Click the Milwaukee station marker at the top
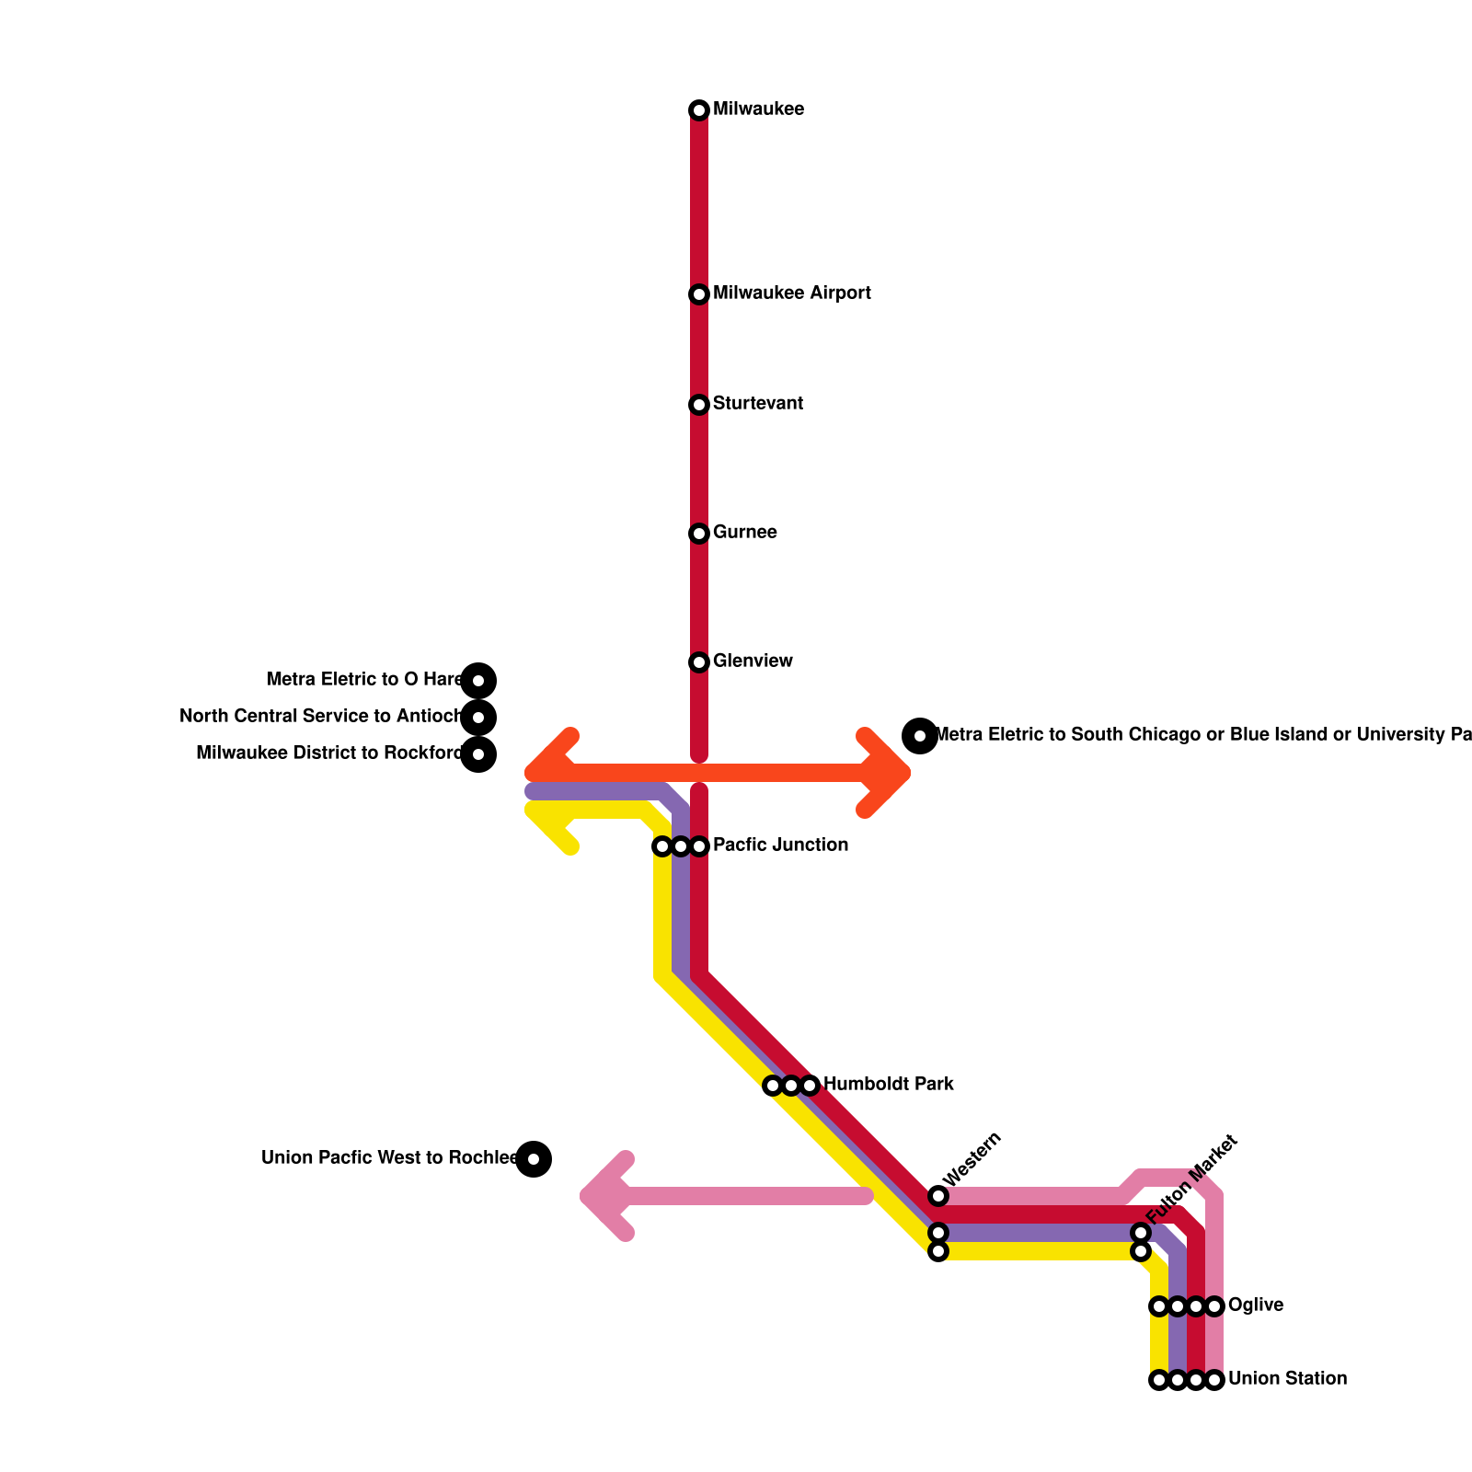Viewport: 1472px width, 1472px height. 699,110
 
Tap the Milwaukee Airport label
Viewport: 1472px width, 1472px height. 791,293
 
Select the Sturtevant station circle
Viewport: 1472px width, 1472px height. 699,405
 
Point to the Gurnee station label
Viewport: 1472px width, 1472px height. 744,533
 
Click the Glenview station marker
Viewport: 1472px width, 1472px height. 699,662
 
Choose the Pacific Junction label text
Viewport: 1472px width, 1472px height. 780,845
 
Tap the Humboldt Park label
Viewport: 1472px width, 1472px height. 888,1085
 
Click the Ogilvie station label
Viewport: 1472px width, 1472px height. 1255,1305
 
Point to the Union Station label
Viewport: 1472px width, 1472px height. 1286,1379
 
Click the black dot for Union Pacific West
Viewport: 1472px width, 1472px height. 534,1159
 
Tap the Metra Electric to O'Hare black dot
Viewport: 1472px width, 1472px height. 478,681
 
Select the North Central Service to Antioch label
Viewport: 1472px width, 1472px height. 320,717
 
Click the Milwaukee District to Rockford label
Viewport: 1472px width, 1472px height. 328,753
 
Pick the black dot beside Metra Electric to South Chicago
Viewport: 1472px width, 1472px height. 920,735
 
